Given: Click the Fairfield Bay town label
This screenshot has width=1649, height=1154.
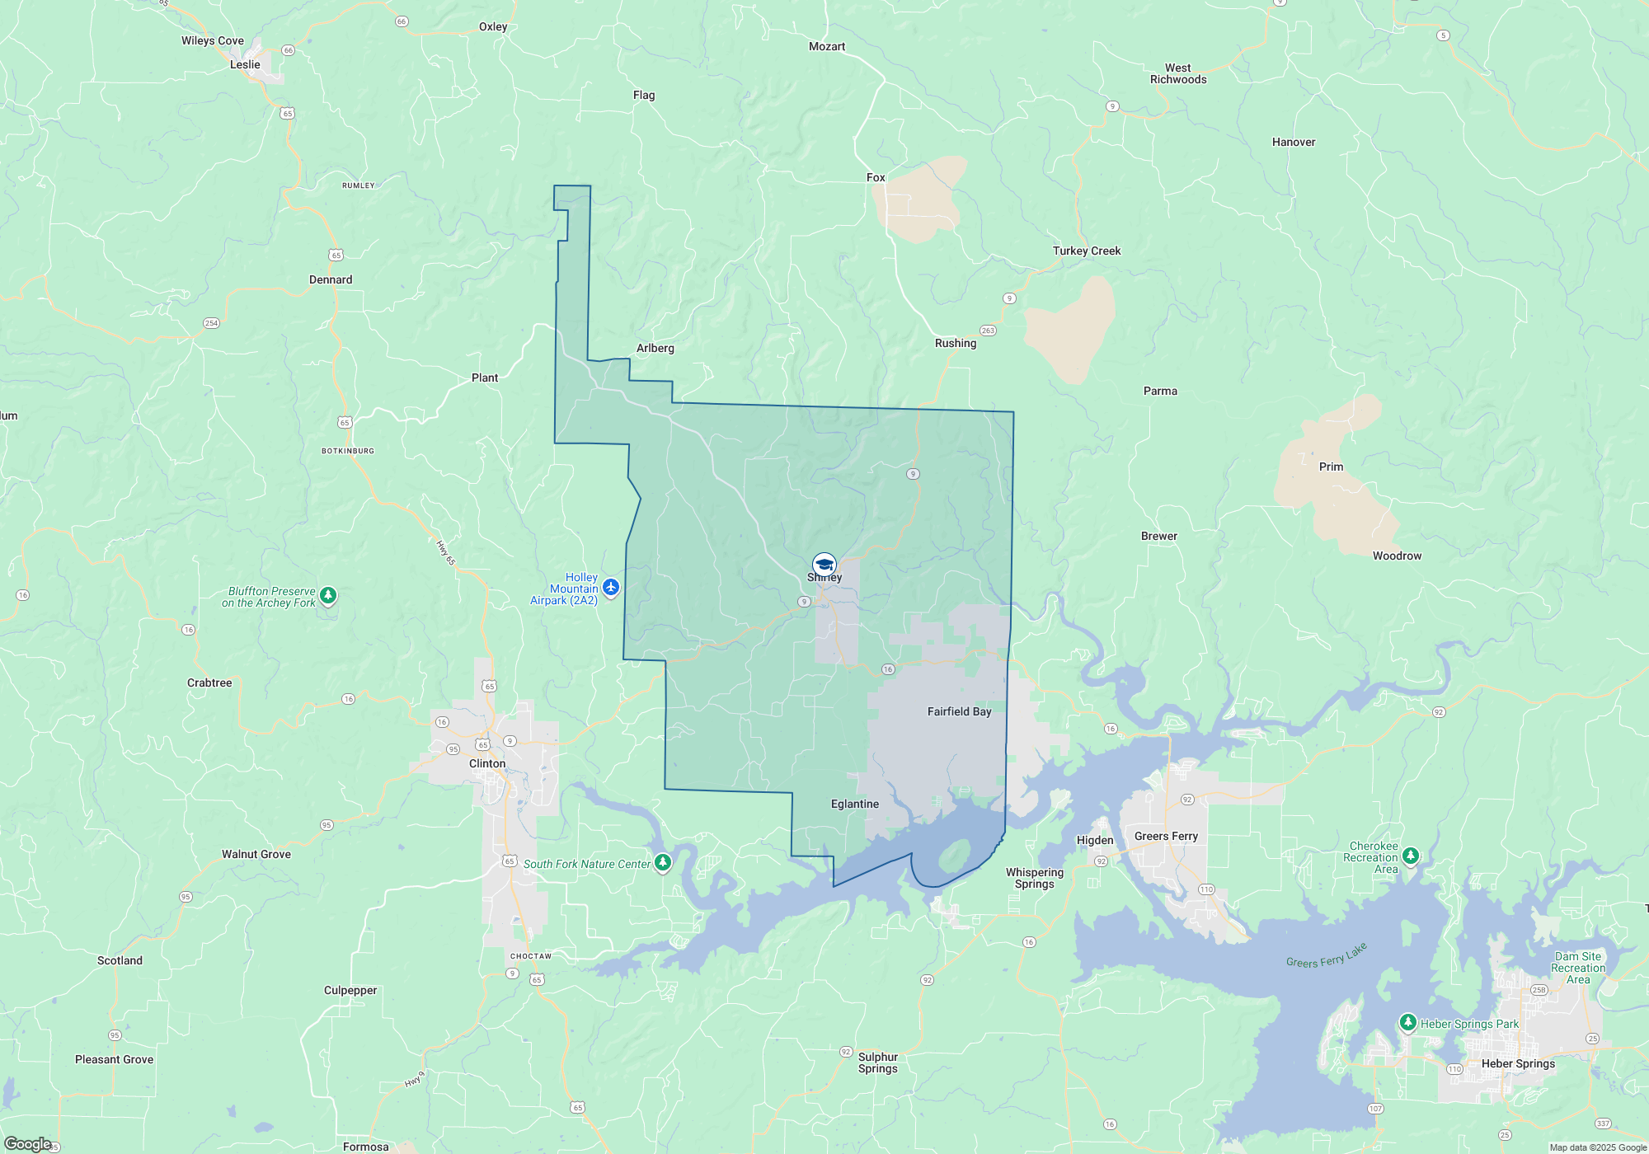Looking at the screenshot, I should pyautogui.click(x=959, y=711).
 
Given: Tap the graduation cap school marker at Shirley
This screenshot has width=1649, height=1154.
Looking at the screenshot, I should pyautogui.click(x=824, y=565).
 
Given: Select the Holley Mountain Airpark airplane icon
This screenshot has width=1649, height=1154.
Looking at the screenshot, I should pyautogui.click(x=611, y=587).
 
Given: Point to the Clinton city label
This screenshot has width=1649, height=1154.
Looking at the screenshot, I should pyautogui.click(x=487, y=763).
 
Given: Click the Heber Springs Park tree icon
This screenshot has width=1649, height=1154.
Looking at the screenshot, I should pyautogui.click(x=1407, y=1023).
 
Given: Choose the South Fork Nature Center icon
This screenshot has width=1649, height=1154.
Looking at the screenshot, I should pyautogui.click(x=663, y=863).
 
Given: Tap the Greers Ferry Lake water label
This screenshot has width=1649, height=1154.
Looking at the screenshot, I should pyautogui.click(x=1326, y=955).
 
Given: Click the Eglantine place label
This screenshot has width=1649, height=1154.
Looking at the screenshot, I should pyautogui.click(x=855, y=804).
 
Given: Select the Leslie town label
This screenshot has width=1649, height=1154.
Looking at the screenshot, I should pyautogui.click(x=245, y=64).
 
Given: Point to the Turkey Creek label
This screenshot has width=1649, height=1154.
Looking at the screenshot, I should pyautogui.click(x=1087, y=251).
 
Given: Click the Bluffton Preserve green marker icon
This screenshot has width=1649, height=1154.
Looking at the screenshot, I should pyautogui.click(x=328, y=595).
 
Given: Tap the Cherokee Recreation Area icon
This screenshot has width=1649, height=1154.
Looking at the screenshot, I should pyautogui.click(x=1411, y=856).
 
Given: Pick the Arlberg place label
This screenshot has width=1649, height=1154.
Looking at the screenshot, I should pyautogui.click(x=655, y=348).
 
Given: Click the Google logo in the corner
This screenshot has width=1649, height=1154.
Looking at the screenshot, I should pyautogui.click(x=28, y=1143).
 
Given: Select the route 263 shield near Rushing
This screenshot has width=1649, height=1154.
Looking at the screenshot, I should pyautogui.click(x=988, y=331).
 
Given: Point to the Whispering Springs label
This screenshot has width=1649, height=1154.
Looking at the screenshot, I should pyautogui.click(x=1035, y=878).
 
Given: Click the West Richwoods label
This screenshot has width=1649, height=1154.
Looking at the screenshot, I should pyautogui.click(x=1178, y=73).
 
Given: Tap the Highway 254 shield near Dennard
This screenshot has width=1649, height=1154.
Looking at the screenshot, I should pyautogui.click(x=211, y=323).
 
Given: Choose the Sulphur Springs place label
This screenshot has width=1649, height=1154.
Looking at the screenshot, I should pyautogui.click(x=878, y=1063).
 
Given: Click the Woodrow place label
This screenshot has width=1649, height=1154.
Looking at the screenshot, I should pyautogui.click(x=1397, y=556).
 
